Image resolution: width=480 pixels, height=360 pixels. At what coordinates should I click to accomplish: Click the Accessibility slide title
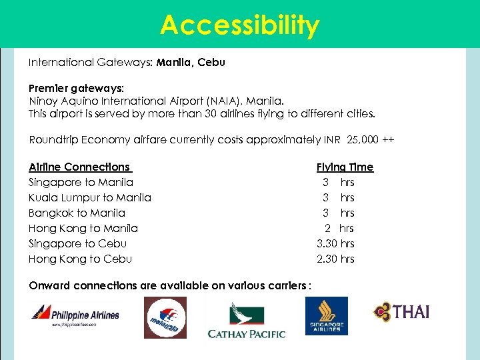240,25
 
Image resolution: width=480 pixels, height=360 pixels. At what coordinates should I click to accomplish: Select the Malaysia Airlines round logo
165,317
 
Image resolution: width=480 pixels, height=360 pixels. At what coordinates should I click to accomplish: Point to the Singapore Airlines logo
327,315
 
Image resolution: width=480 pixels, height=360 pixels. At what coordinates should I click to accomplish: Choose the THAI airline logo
401,311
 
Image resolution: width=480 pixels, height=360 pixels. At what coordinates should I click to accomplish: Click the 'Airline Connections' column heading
79,167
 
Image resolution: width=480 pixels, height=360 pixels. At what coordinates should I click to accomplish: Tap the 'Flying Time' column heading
345,167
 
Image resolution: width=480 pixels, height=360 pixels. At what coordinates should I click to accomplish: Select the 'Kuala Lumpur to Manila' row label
90,197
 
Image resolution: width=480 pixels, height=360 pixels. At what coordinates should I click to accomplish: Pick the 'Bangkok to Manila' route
77,213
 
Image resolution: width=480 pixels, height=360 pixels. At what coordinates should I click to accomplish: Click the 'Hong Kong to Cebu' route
81,259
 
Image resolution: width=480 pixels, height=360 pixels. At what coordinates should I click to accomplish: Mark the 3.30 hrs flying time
335,243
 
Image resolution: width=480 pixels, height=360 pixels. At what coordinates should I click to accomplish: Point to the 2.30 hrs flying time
335,259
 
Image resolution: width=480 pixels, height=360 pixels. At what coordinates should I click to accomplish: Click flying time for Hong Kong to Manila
339,228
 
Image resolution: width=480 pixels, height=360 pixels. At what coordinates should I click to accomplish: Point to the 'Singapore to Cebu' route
78,243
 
